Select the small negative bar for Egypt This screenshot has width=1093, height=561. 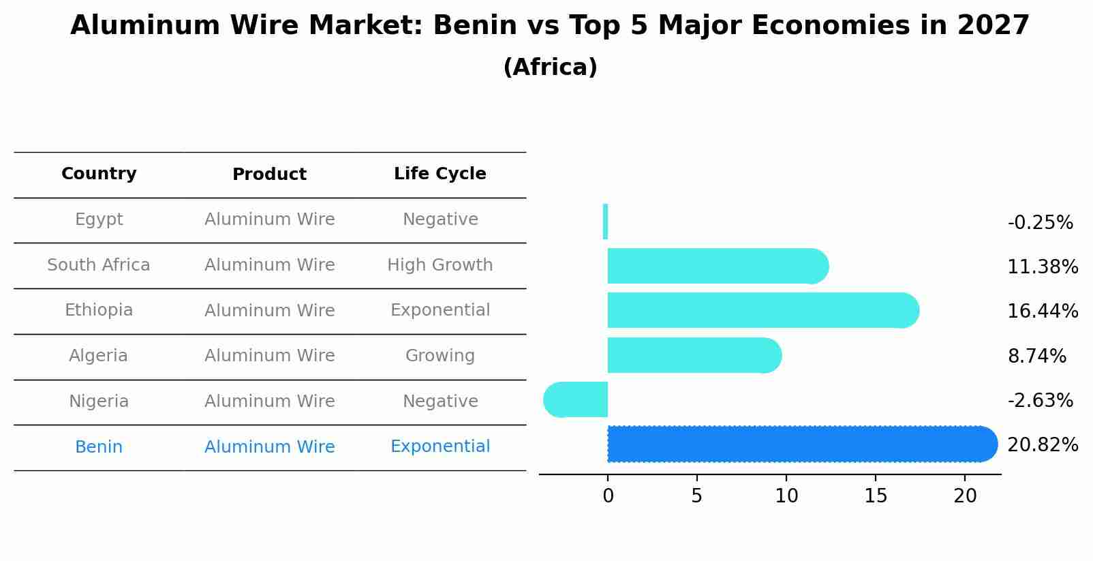pyautogui.click(x=605, y=222)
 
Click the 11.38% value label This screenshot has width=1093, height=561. pyautogui.click(x=1042, y=267)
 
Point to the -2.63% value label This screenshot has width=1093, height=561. pyautogui.click(x=1040, y=400)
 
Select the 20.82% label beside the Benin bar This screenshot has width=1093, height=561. pyautogui.click(x=1042, y=444)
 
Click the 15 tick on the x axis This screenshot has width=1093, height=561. pyautogui.click(x=876, y=496)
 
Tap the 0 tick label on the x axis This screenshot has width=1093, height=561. pyautogui.click(x=608, y=496)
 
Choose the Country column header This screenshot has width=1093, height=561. pyautogui.click(x=99, y=174)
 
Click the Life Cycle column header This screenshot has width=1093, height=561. pyautogui.click(x=440, y=174)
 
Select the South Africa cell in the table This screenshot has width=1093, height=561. pyautogui.click(x=99, y=264)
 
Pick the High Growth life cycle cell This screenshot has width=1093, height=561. pyautogui.click(x=440, y=264)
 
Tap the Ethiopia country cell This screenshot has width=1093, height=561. pyautogui.click(x=99, y=310)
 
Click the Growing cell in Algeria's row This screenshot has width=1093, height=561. pyautogui.click(x=440, y=355)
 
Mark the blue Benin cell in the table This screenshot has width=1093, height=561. pyautogui.click(x=99, y=446)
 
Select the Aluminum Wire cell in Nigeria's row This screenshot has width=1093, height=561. pyautogui.click(x=269, y=401)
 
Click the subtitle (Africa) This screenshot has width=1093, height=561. pyautogui.click(x=550, y=67)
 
